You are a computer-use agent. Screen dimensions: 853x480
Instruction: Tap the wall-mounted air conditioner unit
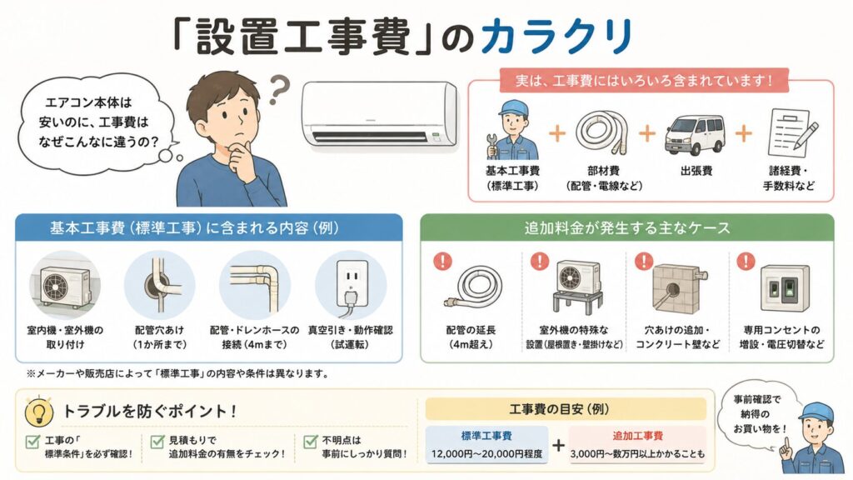380,113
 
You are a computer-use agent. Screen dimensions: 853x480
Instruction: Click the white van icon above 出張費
695,134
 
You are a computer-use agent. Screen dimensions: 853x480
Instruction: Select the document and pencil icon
792,132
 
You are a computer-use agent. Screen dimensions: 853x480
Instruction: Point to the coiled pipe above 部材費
601,133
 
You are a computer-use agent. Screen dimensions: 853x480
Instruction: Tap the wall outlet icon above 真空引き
351,286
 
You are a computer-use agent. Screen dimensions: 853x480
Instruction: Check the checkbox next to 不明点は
311,442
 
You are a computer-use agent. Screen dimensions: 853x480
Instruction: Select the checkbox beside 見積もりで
157,442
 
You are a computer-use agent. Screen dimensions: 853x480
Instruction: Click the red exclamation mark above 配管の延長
443,261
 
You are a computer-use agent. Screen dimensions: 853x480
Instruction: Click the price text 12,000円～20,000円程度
486,453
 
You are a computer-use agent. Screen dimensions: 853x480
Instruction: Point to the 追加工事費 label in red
637,436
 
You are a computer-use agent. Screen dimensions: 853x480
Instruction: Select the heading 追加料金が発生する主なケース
627,227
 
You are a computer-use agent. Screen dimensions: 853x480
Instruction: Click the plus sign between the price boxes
558,445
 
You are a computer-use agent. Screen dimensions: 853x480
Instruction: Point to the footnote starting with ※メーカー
178,374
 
